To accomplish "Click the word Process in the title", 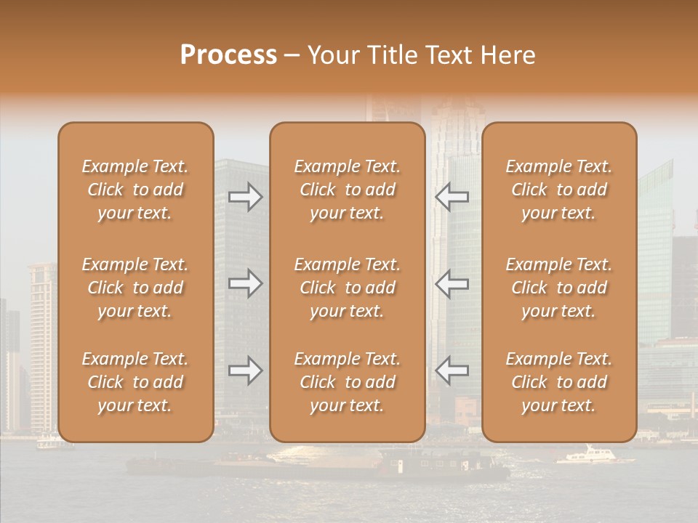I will [x=228, y=55].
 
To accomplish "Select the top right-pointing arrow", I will [x=246, y=198].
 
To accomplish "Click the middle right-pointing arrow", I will [x=246, y=283].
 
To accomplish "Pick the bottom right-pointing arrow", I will [x=246, y=370].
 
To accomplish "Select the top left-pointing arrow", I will [x=452, y=198].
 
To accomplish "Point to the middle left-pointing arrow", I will [x=452, y=283].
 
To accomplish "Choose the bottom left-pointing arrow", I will [x=452, y=370].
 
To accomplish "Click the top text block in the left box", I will [x=135, y=190].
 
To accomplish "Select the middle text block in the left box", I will [x=135, y=288].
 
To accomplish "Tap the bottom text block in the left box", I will [x=135, y=382].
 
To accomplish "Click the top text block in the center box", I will [x=348, y=190].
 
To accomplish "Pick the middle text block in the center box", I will [x=348, y=288].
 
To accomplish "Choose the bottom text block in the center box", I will [x=348, y=382].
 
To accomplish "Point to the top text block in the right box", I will [x=559, y=190].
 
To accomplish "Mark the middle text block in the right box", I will [x=559, y=288].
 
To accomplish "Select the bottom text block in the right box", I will [x=559, y=382].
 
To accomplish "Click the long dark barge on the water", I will [x=320, y=466].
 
